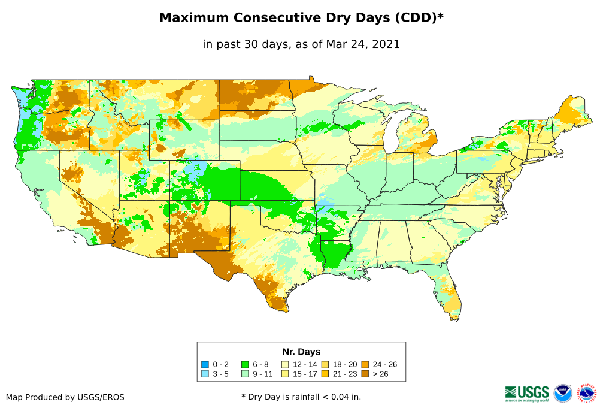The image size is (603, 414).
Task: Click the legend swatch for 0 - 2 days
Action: pos(205,364)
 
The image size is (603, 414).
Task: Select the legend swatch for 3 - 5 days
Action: pos(205,374)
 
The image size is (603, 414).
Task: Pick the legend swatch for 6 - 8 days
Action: pos(245,364)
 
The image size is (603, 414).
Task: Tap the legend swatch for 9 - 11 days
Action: pos(245,374)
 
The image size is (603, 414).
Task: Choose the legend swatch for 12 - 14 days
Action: pos(286,364)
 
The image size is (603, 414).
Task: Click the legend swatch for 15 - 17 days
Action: pos(286,374)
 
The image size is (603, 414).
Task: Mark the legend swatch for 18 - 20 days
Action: pos(326,364)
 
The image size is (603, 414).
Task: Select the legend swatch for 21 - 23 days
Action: pos(326,374)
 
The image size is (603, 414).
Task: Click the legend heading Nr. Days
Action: pos(301,352)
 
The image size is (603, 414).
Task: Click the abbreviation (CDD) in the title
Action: pos(414,18)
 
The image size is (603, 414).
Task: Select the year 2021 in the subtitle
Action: pos(386,44)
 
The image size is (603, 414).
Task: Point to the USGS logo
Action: pos(527,393)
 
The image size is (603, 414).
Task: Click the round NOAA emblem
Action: pos(563,393)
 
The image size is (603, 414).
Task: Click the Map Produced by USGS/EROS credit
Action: pos(65,397)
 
